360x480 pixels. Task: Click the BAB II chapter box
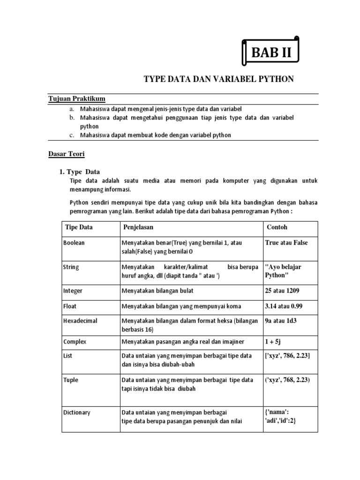coord(271,53)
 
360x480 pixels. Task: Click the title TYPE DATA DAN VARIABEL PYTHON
coord(218,79)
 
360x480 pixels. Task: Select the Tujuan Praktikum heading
coord(77,98)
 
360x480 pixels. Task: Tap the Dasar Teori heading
coord(67,153)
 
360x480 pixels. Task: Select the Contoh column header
coord(277,227)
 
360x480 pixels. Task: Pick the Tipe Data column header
coord(79,227)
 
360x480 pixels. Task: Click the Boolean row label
coord(74,243)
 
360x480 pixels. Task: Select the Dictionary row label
coord(76,412)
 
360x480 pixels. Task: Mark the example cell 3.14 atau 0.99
coord(285,306)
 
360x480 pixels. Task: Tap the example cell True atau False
coord(286,243)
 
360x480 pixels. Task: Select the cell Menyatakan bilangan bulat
coord(157,291)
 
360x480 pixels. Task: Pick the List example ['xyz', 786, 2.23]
coord(287,356)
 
